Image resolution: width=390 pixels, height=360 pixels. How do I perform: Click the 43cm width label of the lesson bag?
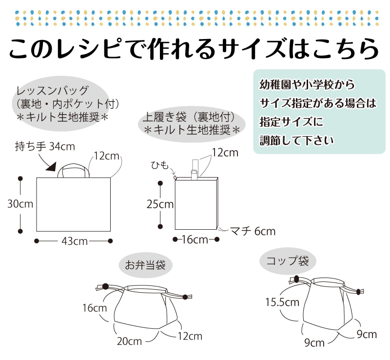tap(74, 241)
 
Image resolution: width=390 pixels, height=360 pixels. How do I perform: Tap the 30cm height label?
tap(20, 204)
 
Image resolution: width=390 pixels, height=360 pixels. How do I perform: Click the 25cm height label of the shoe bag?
tap(160, 204)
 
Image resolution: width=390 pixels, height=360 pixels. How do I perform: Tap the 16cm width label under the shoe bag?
tap(195, 240)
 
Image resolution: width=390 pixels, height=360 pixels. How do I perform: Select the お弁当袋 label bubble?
tap(145, 265)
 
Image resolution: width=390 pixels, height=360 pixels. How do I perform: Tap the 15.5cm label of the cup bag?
tap(282, 302)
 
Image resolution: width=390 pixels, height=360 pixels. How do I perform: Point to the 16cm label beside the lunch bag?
tap(94, 308)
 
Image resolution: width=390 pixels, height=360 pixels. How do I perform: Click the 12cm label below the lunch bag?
tap(190, 336)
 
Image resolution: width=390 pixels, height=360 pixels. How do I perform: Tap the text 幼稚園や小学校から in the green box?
tap(307, 84)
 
